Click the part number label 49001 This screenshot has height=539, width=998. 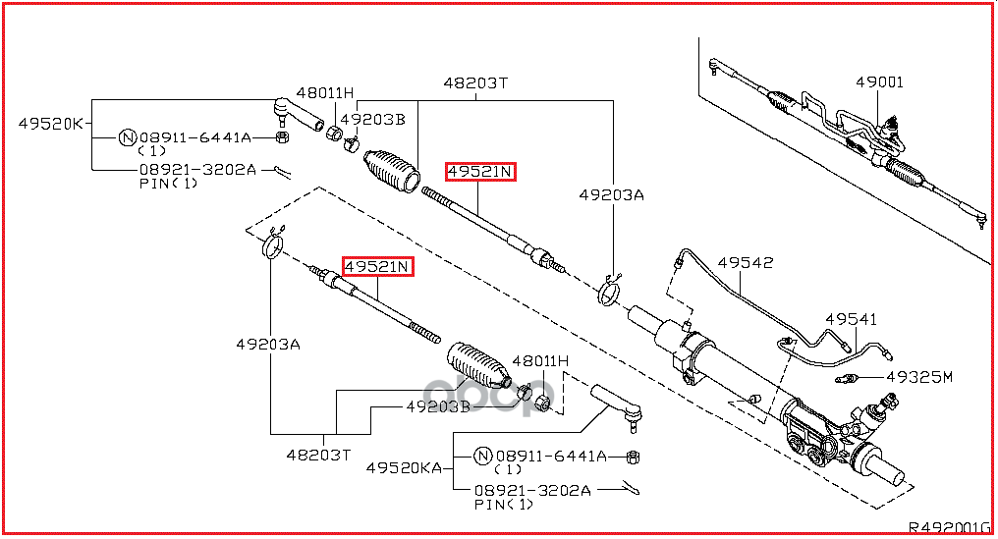click(879, 83)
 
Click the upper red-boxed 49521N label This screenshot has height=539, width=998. click(480, 173)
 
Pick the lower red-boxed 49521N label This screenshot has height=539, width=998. click(377, 266)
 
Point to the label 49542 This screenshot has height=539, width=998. click(745, 263)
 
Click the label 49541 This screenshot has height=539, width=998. click(851, 320)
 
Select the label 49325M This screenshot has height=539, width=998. click(919, 377)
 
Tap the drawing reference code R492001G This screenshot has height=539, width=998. click(949, 526)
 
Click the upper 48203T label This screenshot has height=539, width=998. click(474, 83)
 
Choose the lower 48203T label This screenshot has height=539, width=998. click(318, 455)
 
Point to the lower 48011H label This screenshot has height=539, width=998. click(540, 361)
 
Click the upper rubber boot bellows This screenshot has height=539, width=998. click(392, 169)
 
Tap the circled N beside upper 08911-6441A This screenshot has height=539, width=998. click(127, 137)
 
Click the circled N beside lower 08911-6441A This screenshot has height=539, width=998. click(482, 456)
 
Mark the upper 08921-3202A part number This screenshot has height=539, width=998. click(197, 169)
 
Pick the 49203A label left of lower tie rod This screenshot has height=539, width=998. click(268, 344)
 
